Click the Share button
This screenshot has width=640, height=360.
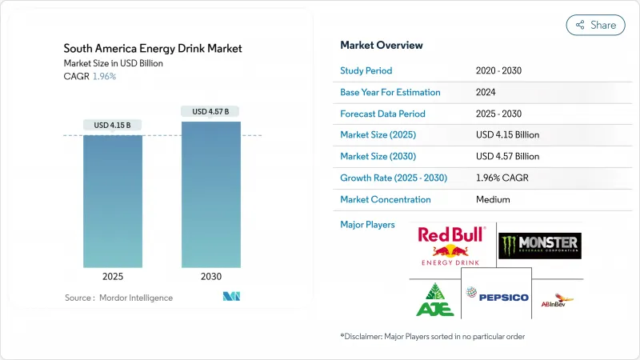point(595,25)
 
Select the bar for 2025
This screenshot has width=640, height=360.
point(112,201)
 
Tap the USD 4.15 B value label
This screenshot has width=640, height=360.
point(112,126)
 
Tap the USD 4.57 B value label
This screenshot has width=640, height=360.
point(210,111)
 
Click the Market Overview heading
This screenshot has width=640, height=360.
point(382,46)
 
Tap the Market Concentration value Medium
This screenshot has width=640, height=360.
point(493,199)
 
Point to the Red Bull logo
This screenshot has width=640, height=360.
point(451,245)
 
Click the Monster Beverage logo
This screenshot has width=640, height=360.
point(539,246)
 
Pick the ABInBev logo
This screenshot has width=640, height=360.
point(558,299)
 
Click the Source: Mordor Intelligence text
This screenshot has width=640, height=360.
point(118,298)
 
